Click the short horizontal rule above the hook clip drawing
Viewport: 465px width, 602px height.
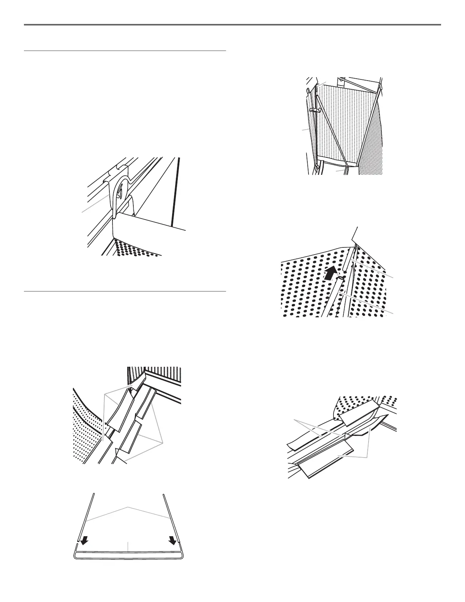point(125,51)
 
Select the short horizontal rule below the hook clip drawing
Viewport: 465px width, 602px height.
point(125,291)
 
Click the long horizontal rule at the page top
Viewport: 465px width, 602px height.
point(232,25)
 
